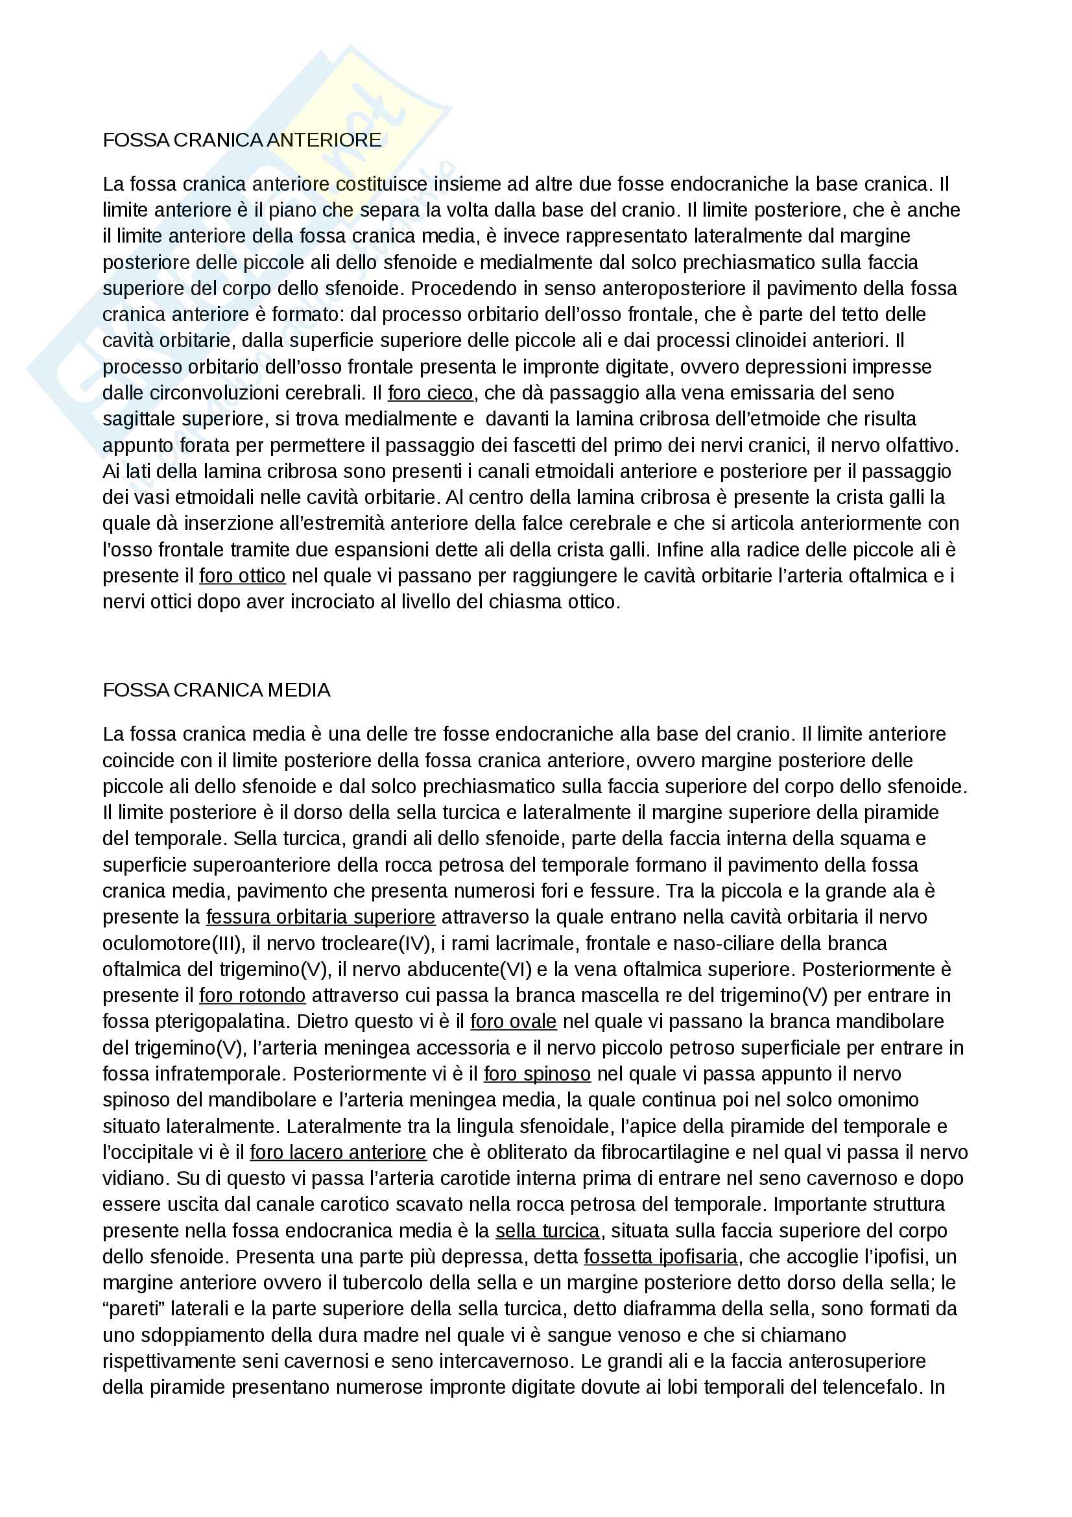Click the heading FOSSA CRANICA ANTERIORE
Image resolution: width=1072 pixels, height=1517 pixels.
(242, 140)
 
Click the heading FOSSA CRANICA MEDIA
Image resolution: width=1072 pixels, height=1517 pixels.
(216, 690)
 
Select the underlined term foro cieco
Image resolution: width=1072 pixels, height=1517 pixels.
(430, 393)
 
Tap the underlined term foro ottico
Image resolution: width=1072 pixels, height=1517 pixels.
(243, 576)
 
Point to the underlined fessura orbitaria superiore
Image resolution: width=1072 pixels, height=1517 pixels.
(320, 917)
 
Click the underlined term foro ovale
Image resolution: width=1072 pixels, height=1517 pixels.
(513, 1021)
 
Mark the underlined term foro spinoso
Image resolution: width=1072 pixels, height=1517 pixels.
(537, 1073)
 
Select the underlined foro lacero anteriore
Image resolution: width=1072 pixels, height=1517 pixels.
(337, 1153)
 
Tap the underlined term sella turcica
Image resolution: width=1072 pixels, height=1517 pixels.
(547, 1231)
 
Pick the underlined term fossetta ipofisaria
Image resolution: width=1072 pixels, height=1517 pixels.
(660, 1257)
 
